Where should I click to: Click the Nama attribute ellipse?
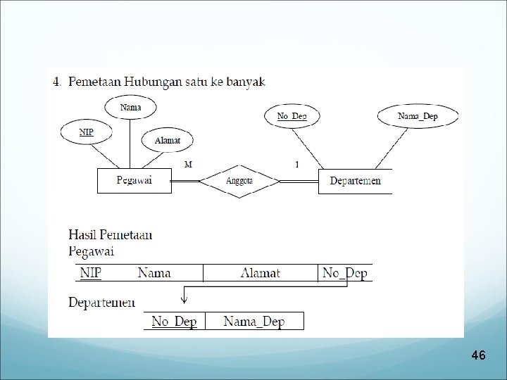130,108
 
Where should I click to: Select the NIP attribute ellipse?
86,131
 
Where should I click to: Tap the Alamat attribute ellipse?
168,140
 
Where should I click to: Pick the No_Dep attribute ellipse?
292,116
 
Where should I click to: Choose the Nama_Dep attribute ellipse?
418,116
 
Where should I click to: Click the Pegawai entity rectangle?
134,181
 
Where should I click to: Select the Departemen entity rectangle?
355,181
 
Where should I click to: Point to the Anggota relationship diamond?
240,181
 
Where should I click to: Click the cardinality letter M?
188,164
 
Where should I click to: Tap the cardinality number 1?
296,164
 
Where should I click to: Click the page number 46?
479,355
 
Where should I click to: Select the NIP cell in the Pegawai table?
90,272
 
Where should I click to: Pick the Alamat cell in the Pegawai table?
261,272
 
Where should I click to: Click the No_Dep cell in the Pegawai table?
344,272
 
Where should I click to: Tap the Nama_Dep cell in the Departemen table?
254,322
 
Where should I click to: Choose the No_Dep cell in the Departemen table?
175,322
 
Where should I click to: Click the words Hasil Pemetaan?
111,235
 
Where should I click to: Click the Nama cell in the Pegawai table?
154,272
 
